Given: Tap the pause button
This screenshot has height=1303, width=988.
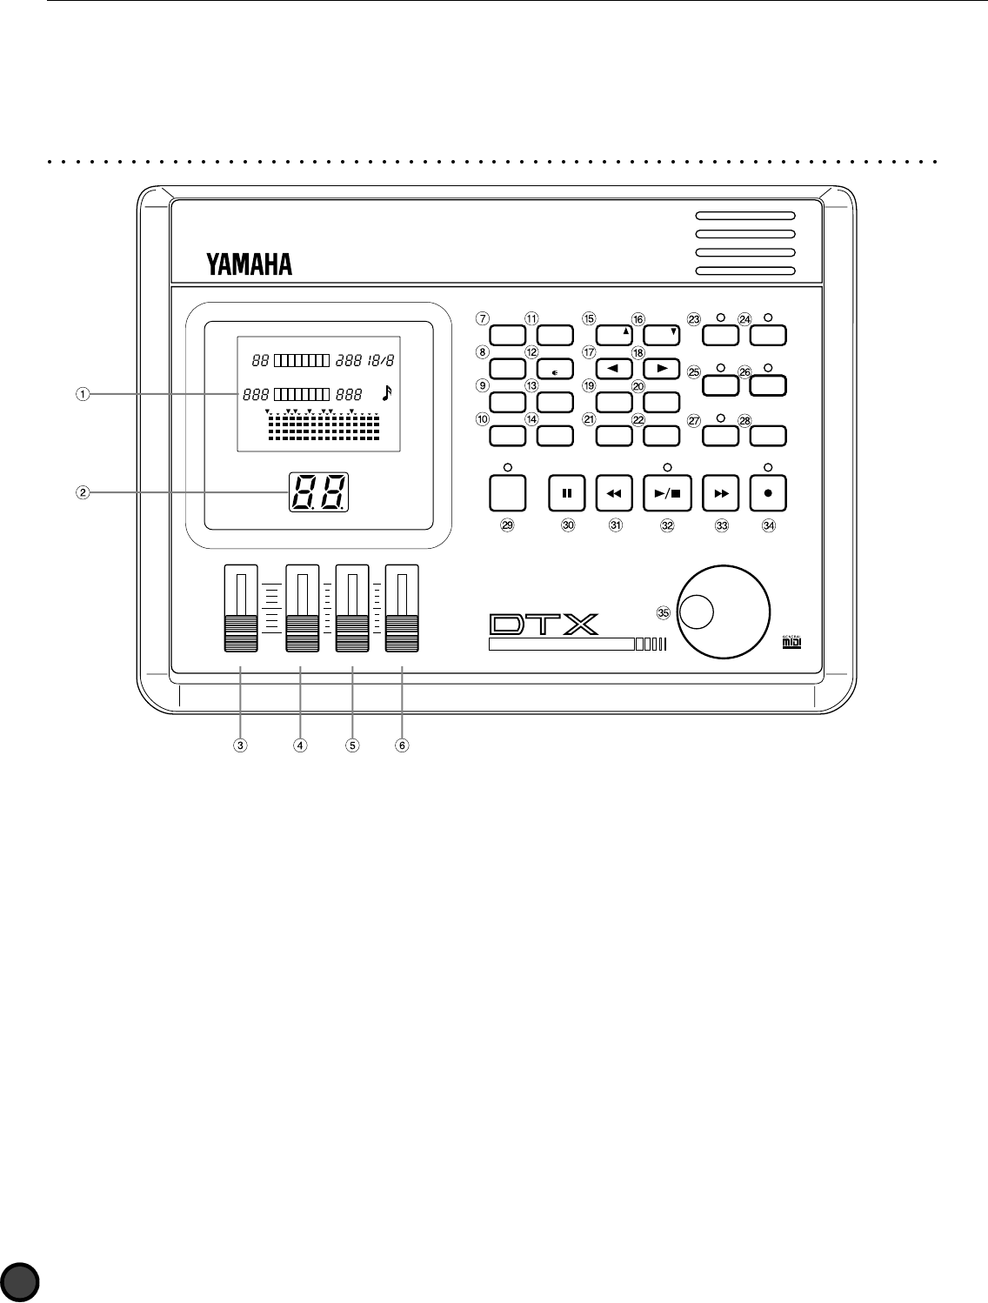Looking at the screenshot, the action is click(566, 493).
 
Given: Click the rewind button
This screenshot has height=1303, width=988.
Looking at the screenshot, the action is click(613, 493).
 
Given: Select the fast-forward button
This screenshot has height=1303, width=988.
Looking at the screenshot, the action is click(720, 493).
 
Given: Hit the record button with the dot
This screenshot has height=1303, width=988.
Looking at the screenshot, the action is click(768, 493).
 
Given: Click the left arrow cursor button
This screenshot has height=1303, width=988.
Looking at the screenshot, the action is click(613, 369).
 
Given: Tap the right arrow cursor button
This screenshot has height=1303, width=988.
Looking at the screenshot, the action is click(661, 369).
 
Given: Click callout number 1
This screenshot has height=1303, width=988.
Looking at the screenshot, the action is click(80, 394).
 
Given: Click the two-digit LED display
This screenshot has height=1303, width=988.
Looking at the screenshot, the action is click(318, 492).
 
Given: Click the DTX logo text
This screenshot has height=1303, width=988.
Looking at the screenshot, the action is click(543, 625).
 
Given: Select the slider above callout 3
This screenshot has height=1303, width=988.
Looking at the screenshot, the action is click(240, 609).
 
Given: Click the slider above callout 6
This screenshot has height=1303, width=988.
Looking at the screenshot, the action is click(402, 609).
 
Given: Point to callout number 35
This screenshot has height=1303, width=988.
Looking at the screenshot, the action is click(664, 612).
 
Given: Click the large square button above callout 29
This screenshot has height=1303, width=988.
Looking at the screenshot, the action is click(507, 493).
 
